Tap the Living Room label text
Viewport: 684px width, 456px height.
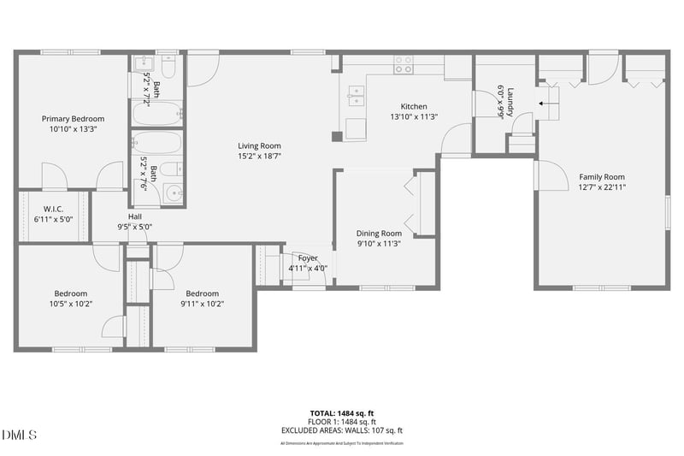coord(259,145)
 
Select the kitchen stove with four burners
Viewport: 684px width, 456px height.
coord(403,65)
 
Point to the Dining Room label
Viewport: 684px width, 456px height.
coord(379,233)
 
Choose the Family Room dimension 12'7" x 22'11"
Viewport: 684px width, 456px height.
coord(603,187)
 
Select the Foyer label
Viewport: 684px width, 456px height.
coord(308,258)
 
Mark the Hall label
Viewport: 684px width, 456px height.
coord(135,216)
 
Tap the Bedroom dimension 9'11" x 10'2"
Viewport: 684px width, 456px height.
coord(203,304)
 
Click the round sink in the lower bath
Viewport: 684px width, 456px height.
coord(174,192)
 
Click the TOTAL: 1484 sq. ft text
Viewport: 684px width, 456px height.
coord(341,412)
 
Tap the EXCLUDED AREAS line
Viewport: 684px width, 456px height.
coord(341,430)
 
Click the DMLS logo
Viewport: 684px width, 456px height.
coord(19,435)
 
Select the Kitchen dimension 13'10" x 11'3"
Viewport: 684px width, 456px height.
coord(414,116)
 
